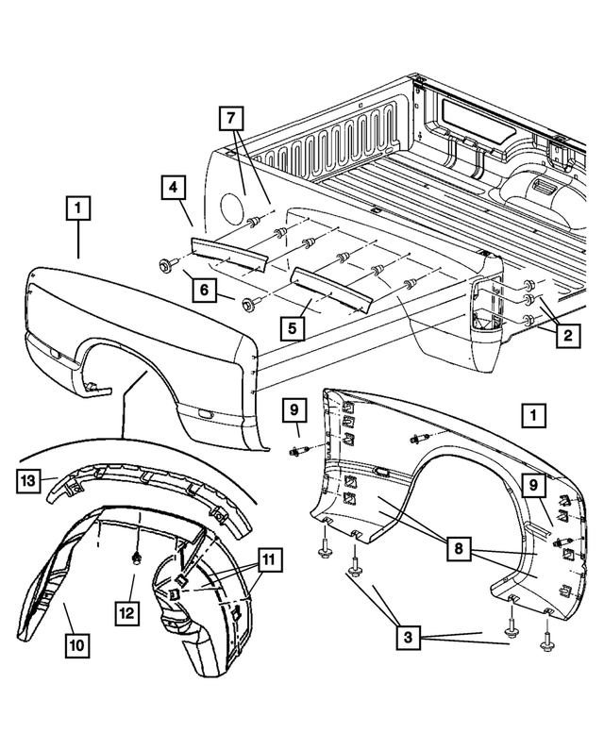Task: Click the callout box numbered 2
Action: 569,334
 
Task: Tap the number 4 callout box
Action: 172,187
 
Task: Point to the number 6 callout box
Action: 203,291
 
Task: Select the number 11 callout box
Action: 270,560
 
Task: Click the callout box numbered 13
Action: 30,480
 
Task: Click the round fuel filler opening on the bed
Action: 228,204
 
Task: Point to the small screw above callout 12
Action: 137,559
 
